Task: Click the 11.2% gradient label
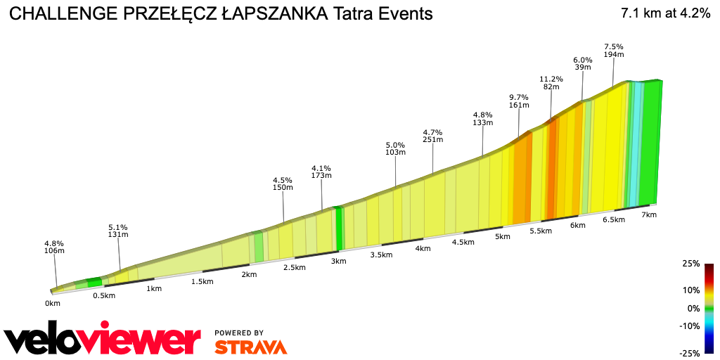551,79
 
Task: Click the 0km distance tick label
52,303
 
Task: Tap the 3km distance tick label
338,261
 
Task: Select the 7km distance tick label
648,214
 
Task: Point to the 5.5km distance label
540,231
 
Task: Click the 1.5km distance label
202,281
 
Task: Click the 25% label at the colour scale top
690,264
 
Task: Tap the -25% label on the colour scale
689,353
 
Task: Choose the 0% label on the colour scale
693,308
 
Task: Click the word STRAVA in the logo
250,347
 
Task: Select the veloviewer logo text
102,340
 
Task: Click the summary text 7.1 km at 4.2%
665,13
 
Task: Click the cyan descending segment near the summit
634,141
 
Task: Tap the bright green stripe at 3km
339,229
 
